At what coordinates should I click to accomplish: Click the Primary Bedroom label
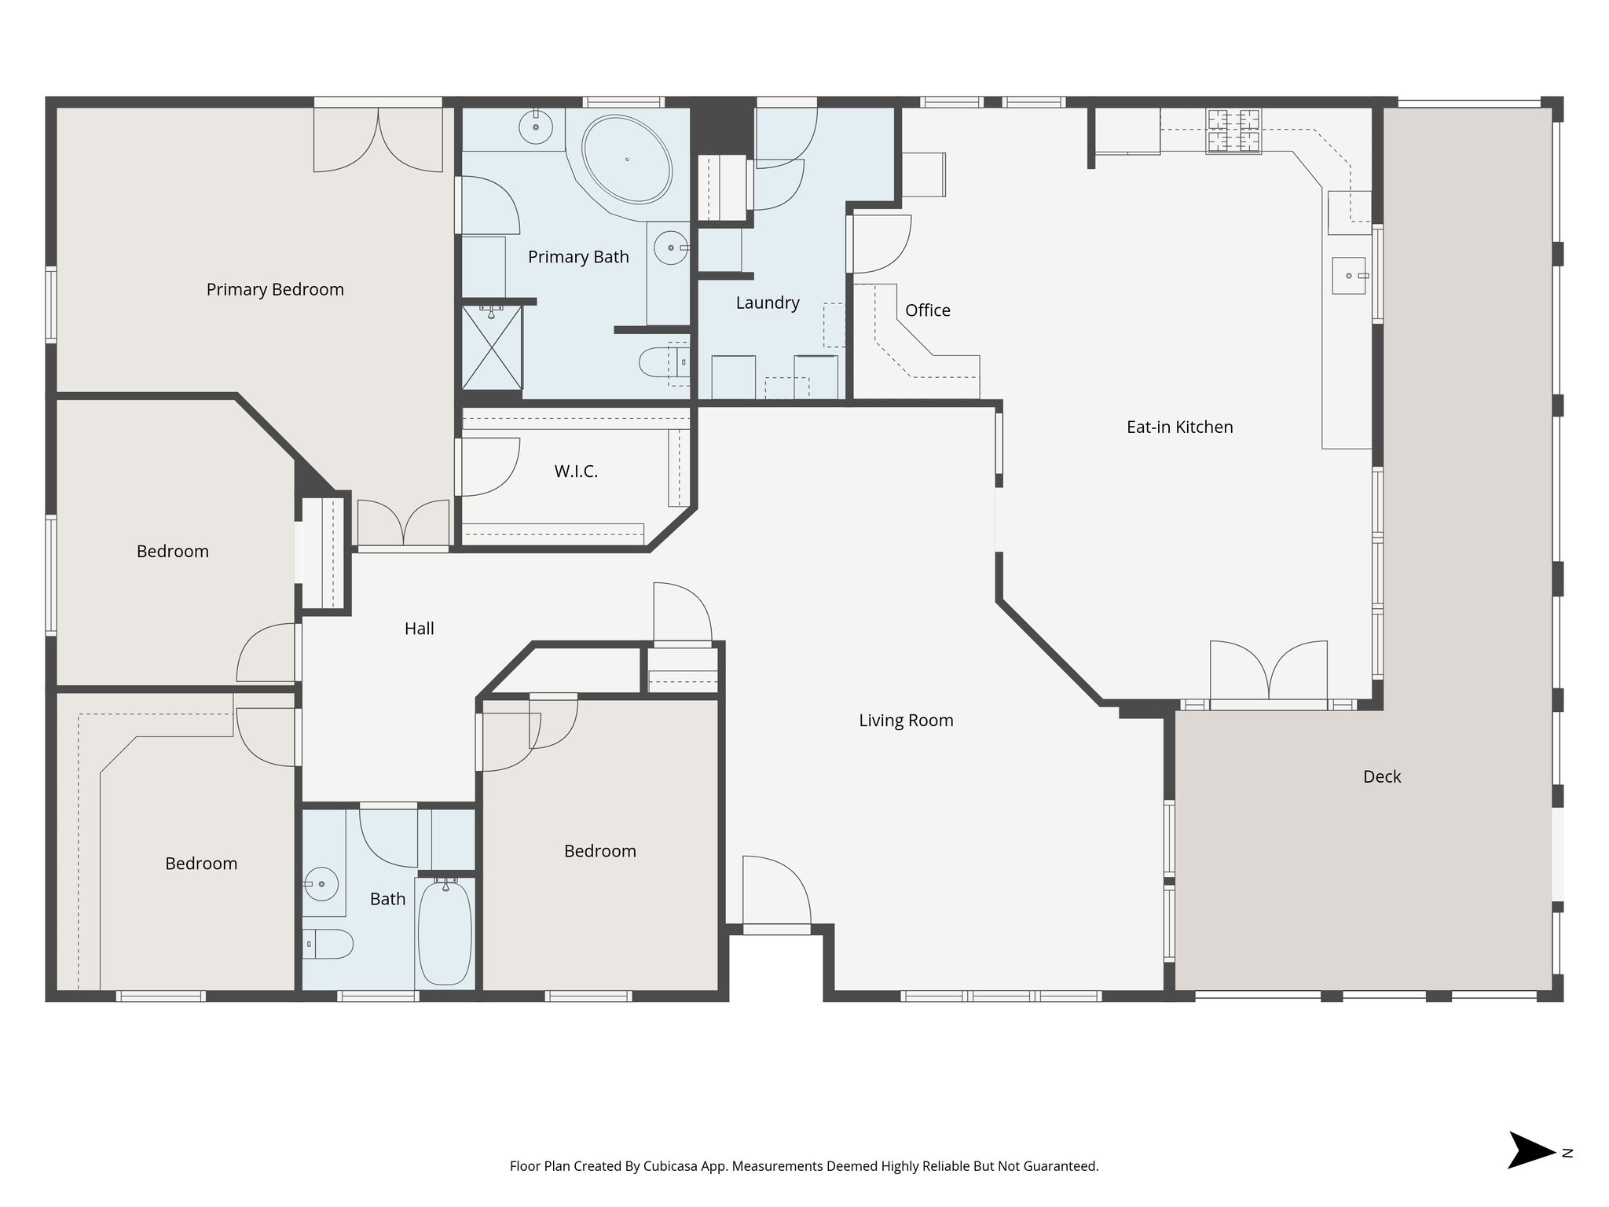pos(275,289)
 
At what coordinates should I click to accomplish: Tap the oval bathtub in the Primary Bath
pos(627,160)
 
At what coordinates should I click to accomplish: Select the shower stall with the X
pos(492,347)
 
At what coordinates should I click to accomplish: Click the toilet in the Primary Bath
pos(660,363)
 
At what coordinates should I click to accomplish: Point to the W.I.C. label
pos(576,471)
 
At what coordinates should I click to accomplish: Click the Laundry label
pos(768,303)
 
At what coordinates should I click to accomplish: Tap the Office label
pos(927,310)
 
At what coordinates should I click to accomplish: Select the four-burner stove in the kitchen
pos(1233,130)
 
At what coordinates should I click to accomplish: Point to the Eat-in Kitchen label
pos(1179,427)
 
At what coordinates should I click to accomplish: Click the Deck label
pos(1381,776)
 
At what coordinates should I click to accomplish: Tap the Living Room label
pos(906,720)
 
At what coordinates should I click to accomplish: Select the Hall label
pos(419,628)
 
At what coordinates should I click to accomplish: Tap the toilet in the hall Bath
pos(328,943)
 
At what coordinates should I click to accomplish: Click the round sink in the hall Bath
pos(321,885)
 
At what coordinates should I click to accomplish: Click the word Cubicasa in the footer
pos(672,1166)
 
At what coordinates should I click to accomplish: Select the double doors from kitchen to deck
pos(1269,671)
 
